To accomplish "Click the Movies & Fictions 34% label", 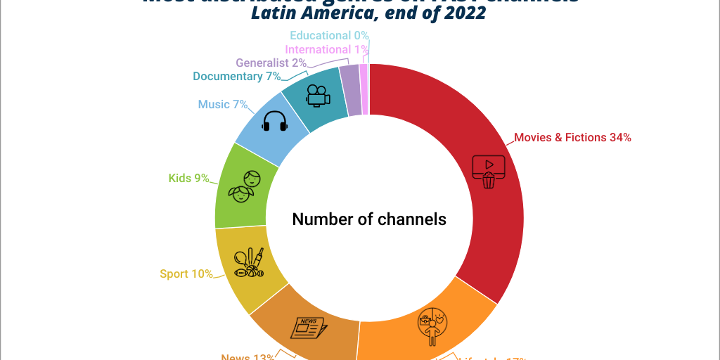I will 572,138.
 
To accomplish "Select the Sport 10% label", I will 186,274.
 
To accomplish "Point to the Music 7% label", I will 223,104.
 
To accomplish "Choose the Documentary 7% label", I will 237,76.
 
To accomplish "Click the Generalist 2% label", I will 271,63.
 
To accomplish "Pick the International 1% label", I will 327,49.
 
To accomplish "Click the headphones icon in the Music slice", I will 275,122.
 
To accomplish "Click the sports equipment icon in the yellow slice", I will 250,262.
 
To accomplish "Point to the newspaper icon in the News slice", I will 309,328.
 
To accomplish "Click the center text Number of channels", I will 369,219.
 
